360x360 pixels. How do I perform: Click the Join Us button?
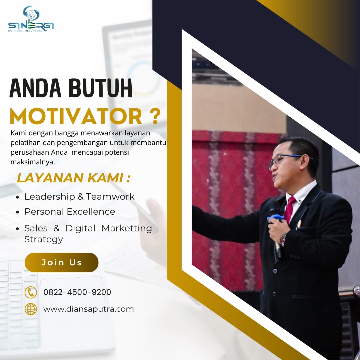(x=62, y=262)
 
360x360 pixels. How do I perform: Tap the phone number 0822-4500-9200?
(x=77, y=292)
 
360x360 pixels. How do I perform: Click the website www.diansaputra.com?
(x=88, y=309)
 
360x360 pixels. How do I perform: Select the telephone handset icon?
(x=31, y=292)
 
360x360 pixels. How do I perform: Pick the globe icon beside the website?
(x=31, y=309)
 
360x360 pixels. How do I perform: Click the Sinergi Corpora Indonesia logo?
(x=31, y=19)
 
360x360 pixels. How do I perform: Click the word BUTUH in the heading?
(x=100, y=88)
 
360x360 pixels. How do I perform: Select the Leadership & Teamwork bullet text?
(x=79, y=197)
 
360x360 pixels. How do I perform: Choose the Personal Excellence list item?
(x=70, y=211)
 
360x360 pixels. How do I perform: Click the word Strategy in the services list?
(x=44, y=239)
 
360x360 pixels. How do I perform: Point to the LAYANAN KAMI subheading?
(x=74, y=178)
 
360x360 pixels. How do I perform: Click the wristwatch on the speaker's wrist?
(x=283, y=240)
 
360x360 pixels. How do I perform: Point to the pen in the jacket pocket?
(x=299, y=224)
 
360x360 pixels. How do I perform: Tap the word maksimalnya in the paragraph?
(x=33, y=162)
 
